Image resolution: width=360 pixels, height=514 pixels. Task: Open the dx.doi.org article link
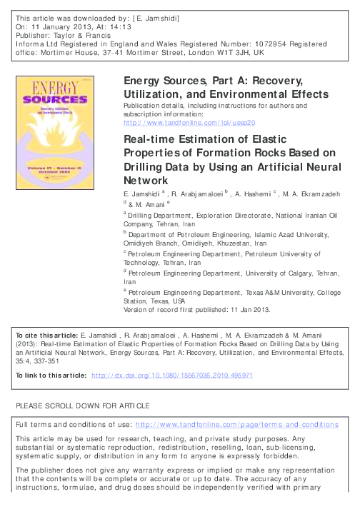click(173, 375)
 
